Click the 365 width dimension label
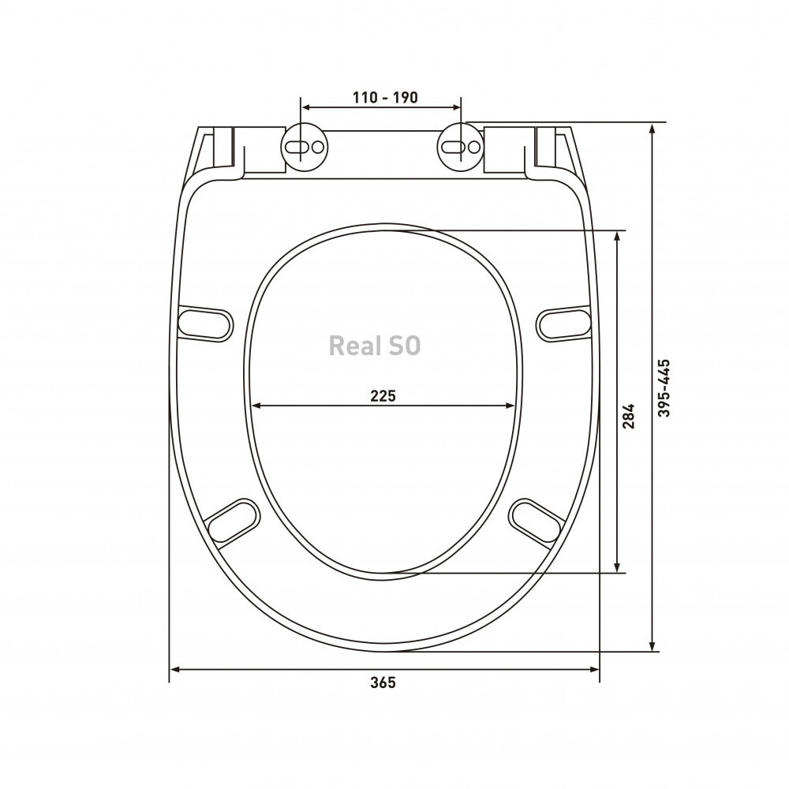[383, 682]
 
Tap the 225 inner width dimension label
[383, 396]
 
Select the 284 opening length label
[629, 416]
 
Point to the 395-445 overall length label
[664, 387]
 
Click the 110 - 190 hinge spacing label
[385, 97]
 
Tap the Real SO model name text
[374, 346]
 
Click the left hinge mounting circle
[305, 147]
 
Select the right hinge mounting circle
[461, 147]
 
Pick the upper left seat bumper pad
[206, 324]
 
